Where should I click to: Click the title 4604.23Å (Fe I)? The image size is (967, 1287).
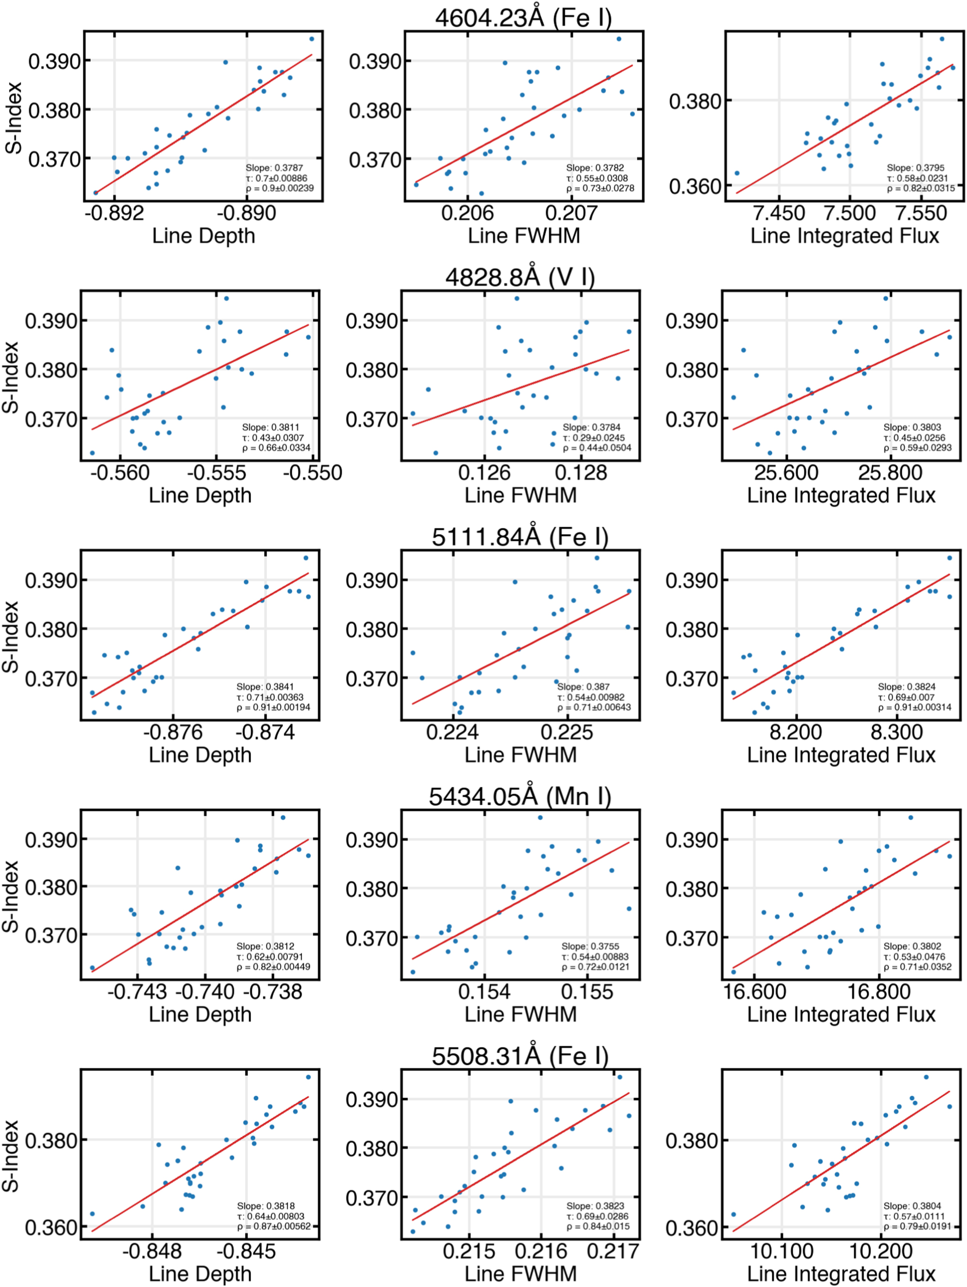coord(523,17)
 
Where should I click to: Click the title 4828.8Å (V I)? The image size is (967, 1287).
coord(520,277)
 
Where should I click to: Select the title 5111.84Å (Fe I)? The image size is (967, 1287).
coord(520,537)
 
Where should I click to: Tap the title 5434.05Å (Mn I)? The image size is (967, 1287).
coord(520,796)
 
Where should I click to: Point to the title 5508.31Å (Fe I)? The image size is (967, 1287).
coord(520,1055)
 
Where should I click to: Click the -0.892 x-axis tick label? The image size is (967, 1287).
coord(114,213)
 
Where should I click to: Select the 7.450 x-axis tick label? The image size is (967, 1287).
coord(779,213)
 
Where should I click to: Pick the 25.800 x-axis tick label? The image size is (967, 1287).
coord(890,473)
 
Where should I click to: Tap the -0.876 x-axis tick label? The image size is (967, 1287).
coord(173,732)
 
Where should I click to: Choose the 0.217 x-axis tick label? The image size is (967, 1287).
coord(613,1251)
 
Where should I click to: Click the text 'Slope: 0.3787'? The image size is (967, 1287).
coord(274,168)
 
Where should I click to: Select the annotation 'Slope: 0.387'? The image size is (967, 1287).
coord(583,687)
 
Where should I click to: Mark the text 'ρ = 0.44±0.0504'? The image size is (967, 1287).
coord(597,448)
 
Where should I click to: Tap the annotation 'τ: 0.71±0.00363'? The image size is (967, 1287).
coord(270,697)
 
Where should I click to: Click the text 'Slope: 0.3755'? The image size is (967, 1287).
coord(590,946)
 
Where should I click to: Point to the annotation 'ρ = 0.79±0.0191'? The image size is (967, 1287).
coord(917,1226)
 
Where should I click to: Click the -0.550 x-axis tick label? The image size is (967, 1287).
coord(312,473)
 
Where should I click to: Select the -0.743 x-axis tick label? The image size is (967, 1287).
coord(137,991)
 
